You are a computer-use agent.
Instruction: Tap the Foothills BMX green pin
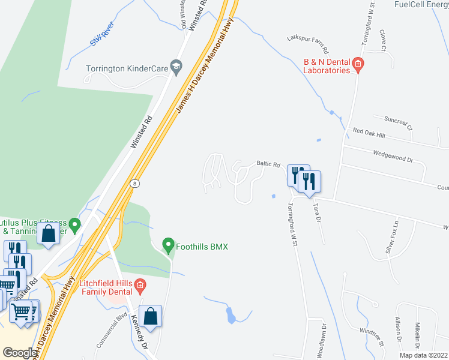point(169,245)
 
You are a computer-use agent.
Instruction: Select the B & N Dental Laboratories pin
point(358,63)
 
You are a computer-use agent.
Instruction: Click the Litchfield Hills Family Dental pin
point(140,284)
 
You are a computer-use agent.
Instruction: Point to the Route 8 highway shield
point(135,184)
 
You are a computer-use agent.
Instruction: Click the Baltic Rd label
point(268,164)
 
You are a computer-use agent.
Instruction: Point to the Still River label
point(102,38)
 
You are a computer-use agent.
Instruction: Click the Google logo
point(20,353)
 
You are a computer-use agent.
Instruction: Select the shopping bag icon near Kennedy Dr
point(152,317)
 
